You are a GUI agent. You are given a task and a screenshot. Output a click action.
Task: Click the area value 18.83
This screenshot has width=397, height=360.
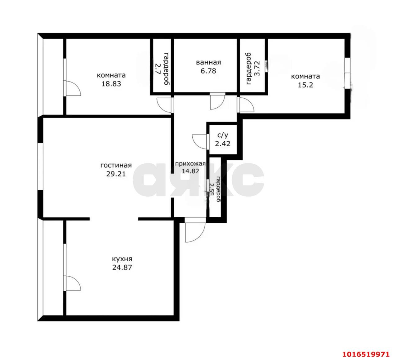point(111,84)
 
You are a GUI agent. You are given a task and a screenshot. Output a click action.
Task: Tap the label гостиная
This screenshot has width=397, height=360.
point(116,165)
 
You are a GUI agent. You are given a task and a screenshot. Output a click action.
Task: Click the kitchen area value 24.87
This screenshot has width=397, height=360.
point(122,267)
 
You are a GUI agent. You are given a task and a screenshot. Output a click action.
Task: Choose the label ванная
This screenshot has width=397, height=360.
point(208,62)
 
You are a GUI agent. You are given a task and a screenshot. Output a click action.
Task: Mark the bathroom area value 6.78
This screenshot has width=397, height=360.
point(208,71)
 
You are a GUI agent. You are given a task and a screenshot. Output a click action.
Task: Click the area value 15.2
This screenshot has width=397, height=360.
point(305,85)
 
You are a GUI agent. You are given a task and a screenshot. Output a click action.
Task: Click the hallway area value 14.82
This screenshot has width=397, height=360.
point(190,171)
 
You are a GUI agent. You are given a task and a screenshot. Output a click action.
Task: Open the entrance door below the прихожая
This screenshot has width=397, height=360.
point(195,231)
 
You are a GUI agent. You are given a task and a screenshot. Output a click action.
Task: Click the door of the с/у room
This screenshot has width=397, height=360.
point(200,141)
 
